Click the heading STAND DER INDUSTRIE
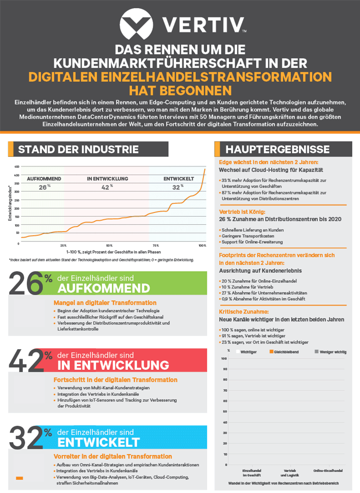click(x=79, y=150)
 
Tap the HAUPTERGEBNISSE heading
click(x=278, y=150)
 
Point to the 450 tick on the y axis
click(x=17, y=166)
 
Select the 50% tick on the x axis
click(x=110, y=246)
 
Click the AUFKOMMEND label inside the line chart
click(x=44, y=179)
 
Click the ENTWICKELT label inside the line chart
click(x=179, y=179)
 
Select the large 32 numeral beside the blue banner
click(x=26, y=438)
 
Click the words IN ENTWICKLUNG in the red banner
click(x=113, y=365)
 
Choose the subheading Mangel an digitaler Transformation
click(x=105, y=302)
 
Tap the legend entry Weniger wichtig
click(x=333, y=352)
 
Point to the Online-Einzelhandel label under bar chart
click(x=328, y=470)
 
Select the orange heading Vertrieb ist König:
click(x=242, y=212)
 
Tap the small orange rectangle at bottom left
click(x=20, y=478)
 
